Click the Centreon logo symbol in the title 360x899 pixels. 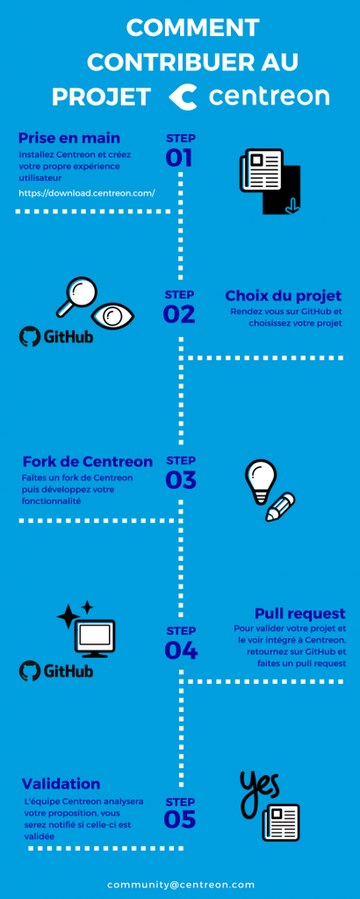(183, 97)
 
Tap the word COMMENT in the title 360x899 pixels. (192, 28)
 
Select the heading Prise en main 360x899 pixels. (69, 138)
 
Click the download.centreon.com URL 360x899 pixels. (87, 192)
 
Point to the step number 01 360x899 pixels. (179, 158)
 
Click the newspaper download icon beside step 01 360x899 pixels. (270, 181)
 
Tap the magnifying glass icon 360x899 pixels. (76, 297)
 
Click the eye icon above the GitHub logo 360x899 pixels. (114, 315)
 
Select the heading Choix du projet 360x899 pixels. (284, 296)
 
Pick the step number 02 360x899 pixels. (179, 314)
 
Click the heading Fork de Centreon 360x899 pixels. (88, 462)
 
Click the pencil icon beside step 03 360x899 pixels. (280, 507)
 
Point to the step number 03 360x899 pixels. (181, 480)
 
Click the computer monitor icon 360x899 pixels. (95, 638)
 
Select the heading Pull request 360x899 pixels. (299, 614)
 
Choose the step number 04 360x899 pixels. (181, 651)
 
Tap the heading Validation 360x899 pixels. (61, 784)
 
